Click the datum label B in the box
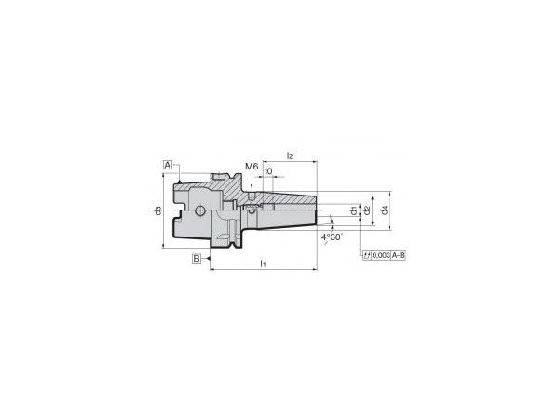[x=197, y=258]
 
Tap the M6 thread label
[x=251, y=167]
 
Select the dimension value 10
[x=268, y=171]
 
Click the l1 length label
[x=264, y=264]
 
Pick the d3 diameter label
[x=158, y=212]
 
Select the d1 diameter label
[x=352, y=212]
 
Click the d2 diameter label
[x=367, y=211]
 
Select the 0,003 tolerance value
[x=380, y=255]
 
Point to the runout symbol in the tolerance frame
[x=366, y=255]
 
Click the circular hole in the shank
[x=198, y=211]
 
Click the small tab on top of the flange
[x=220, y=176]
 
